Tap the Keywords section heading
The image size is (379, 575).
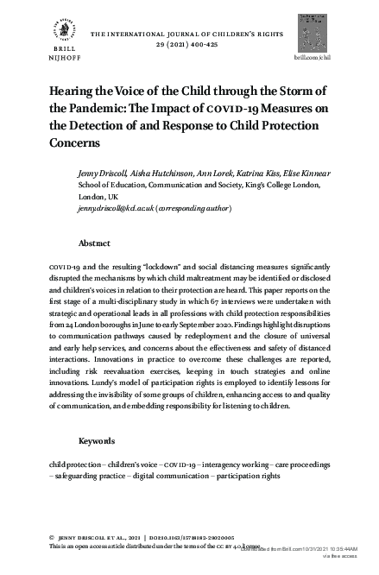coord(97,441)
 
